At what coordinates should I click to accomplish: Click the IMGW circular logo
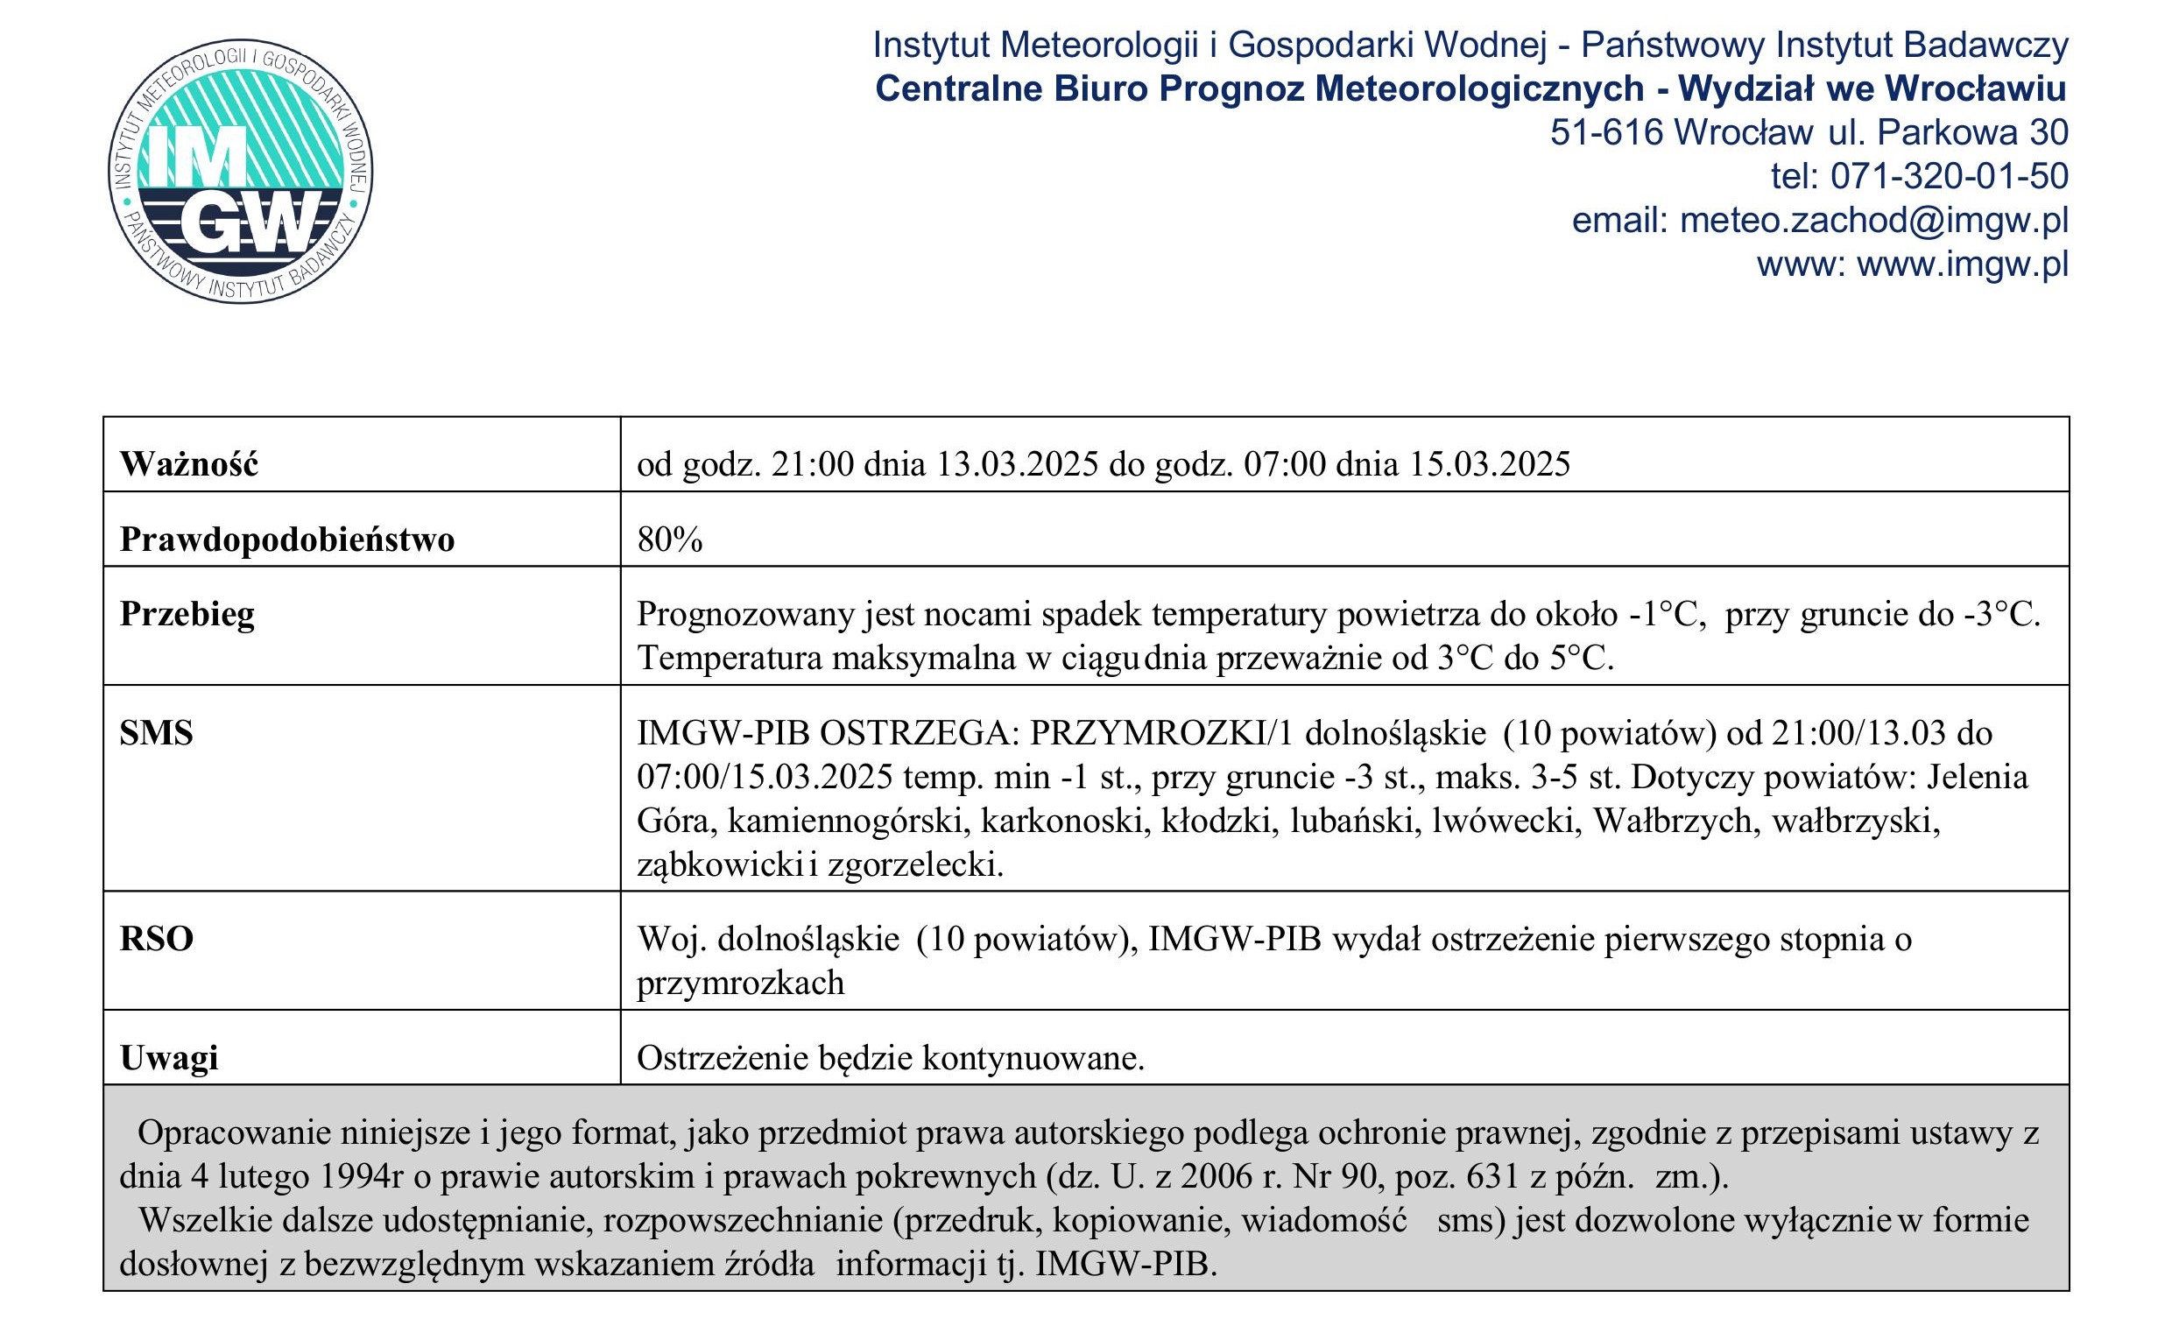coord(240,171)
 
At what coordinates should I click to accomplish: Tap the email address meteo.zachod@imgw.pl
coord(1874,221)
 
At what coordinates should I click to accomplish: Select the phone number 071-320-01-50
coord(1949,176)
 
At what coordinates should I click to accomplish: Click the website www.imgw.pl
coord(1962,264)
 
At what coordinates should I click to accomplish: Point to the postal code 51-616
coord(1606,132)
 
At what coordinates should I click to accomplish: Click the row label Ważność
coord(188,463)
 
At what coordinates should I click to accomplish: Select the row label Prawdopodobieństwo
coord(286,539)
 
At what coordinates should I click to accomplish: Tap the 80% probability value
coord(670,539)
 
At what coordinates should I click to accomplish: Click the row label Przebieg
coord(187,614)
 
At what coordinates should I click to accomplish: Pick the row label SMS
coord(156,732)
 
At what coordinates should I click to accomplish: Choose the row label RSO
coord(156,939)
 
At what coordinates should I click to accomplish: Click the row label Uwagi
coord(168,1058)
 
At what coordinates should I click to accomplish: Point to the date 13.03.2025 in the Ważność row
coord(1016,463)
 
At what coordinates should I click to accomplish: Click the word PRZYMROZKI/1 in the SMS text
coord(1161,732)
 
